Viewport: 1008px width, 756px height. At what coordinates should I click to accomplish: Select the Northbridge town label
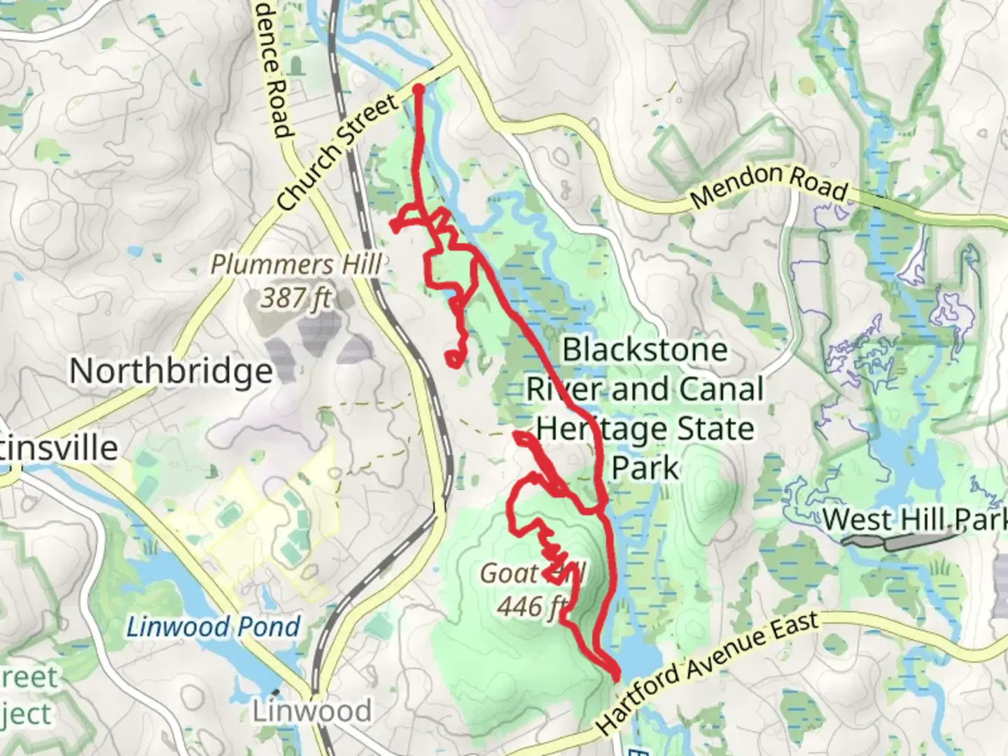pos(171,371)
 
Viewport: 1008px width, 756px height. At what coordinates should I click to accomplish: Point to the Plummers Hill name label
pos(296,265)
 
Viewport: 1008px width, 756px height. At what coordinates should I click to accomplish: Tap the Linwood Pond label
pos(213,626)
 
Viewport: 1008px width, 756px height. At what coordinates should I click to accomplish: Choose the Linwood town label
pos(312,711)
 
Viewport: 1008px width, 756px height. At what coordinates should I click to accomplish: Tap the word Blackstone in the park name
pos(645,349)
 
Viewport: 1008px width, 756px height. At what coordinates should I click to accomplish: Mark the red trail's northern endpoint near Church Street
pos(419,90)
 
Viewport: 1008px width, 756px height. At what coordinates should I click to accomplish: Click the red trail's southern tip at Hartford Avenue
pos(616,677)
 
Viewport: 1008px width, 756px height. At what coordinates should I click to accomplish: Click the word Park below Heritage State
pos(645,468)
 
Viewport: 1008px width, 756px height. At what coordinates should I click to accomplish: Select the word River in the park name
pos(565,389)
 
